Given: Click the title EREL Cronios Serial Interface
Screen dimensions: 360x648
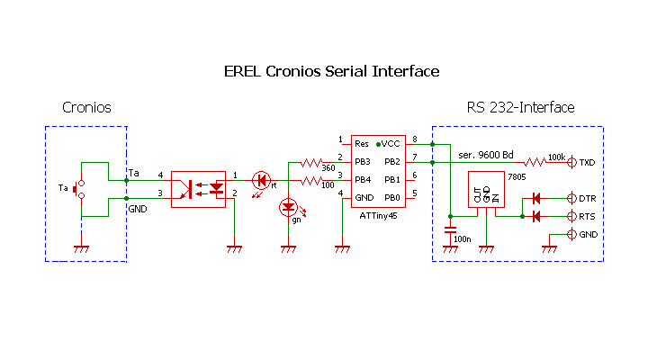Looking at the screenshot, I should pyautogui.click(x=331, y=71).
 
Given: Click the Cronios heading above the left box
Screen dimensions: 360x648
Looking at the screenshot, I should pyautogui.click(x=86, y=108).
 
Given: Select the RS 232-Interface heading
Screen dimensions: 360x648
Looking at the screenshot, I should pyautogui.click(x=520, y=108).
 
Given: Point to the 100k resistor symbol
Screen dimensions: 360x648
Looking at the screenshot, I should pyautogui.click(x=537, y=162).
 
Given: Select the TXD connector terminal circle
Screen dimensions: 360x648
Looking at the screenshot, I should pyautogui.click(x=571, y=162).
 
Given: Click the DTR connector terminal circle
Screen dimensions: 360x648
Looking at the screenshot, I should pyautogui.click(x=571, y=198).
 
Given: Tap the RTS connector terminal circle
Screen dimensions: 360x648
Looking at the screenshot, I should pyautogui.click(x=571, y=216).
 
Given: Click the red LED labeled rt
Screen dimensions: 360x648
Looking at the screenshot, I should pyautogui.click(x=261, y=180).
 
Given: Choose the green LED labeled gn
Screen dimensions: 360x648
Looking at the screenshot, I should pyautogui.click(x=288, y=207).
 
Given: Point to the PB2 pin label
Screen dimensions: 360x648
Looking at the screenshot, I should pyautogui.click(x=391, y=162).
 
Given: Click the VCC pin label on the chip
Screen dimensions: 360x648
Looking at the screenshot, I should pyautogui.click(x=391, y=143).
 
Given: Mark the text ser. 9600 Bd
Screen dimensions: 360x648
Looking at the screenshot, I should pyautogui.click(x=486, y=155).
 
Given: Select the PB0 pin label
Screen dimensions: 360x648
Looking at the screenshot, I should pyautogui.click(x=391, y=198).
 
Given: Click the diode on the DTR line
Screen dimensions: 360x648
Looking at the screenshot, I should pyautogui.click(x=536, y=198).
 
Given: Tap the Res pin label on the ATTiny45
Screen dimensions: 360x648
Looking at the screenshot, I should pyautogui.click(x=362, y=143).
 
